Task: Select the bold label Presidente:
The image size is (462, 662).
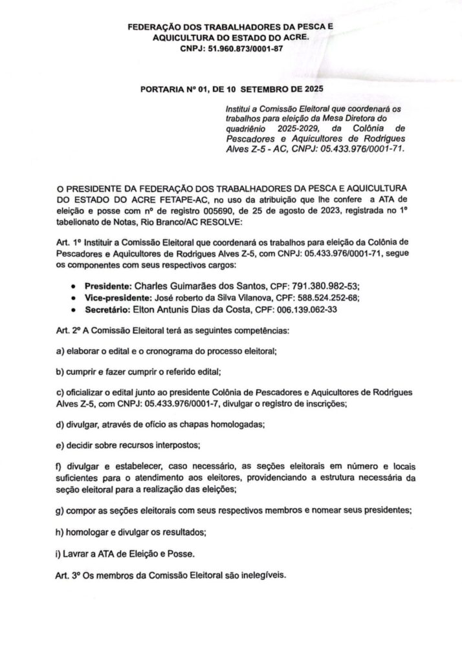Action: pyautogui.click(x=108, y=286)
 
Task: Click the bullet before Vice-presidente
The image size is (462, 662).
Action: pyautogui.click(x=78, y=298)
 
